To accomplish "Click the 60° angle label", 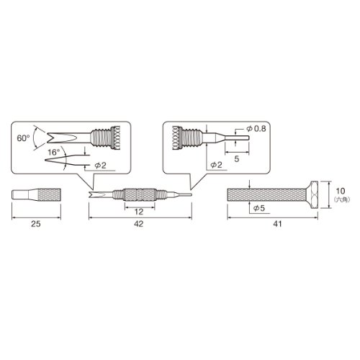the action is coord(24,138).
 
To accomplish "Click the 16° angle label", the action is coord(54,152).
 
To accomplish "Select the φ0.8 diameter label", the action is coord(256,129).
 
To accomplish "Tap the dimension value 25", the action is coord(36,224).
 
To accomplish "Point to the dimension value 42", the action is coord(139,224).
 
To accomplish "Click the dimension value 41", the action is coord(277,224).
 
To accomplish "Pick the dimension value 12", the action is coord(139,212).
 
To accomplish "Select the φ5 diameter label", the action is coord(259,208).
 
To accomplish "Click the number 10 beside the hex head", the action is coord(341,191).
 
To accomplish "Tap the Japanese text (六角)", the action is coord(341,199).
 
